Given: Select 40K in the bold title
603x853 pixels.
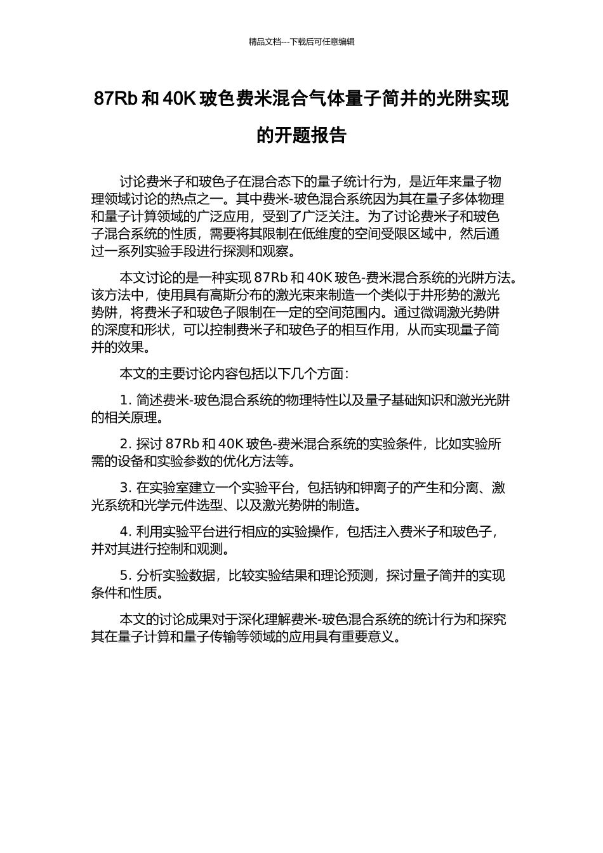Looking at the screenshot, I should [x=181, y=99].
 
